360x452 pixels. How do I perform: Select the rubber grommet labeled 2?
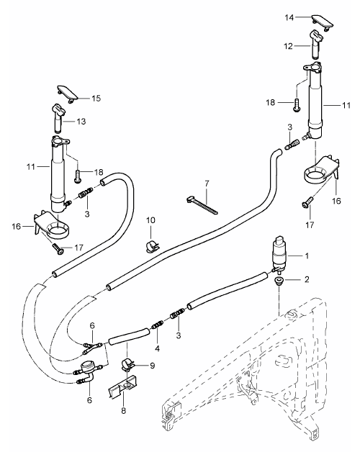tap(279, 281)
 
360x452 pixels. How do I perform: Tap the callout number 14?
tap(289, 17)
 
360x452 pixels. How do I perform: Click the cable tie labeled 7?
tap(202, 205)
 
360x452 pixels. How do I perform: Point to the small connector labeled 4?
tap(157, 325)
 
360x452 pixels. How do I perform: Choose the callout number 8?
tap(123, 410)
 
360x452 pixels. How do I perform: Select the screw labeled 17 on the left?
tap(58, 248)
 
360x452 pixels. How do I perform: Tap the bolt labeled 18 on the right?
tap(297, 105)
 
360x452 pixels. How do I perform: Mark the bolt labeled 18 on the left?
tap(78, 176)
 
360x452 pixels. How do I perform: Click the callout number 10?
tap(150, 220)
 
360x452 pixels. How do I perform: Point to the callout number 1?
tap(307, 256)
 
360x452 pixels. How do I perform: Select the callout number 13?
tap(81, 122)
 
